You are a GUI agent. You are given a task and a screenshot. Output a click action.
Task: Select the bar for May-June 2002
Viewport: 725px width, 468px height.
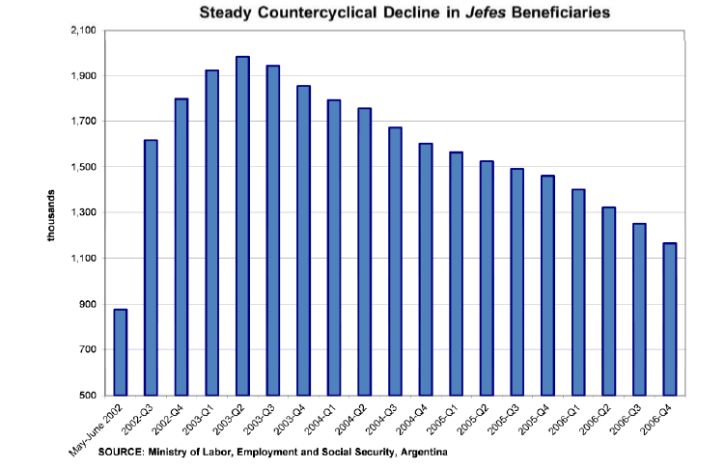click(121, 352)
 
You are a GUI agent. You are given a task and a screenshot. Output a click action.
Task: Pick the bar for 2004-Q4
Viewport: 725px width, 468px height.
click(426, 269)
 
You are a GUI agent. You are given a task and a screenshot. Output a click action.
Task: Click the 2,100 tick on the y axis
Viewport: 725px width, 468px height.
click(82, 31)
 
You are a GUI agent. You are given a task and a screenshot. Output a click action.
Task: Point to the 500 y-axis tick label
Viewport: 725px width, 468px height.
click(87, 396)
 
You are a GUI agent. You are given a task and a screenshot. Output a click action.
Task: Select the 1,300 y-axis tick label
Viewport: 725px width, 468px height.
click(82, 213)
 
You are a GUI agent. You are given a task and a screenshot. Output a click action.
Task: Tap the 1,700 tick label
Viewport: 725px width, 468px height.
click(82, 122)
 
